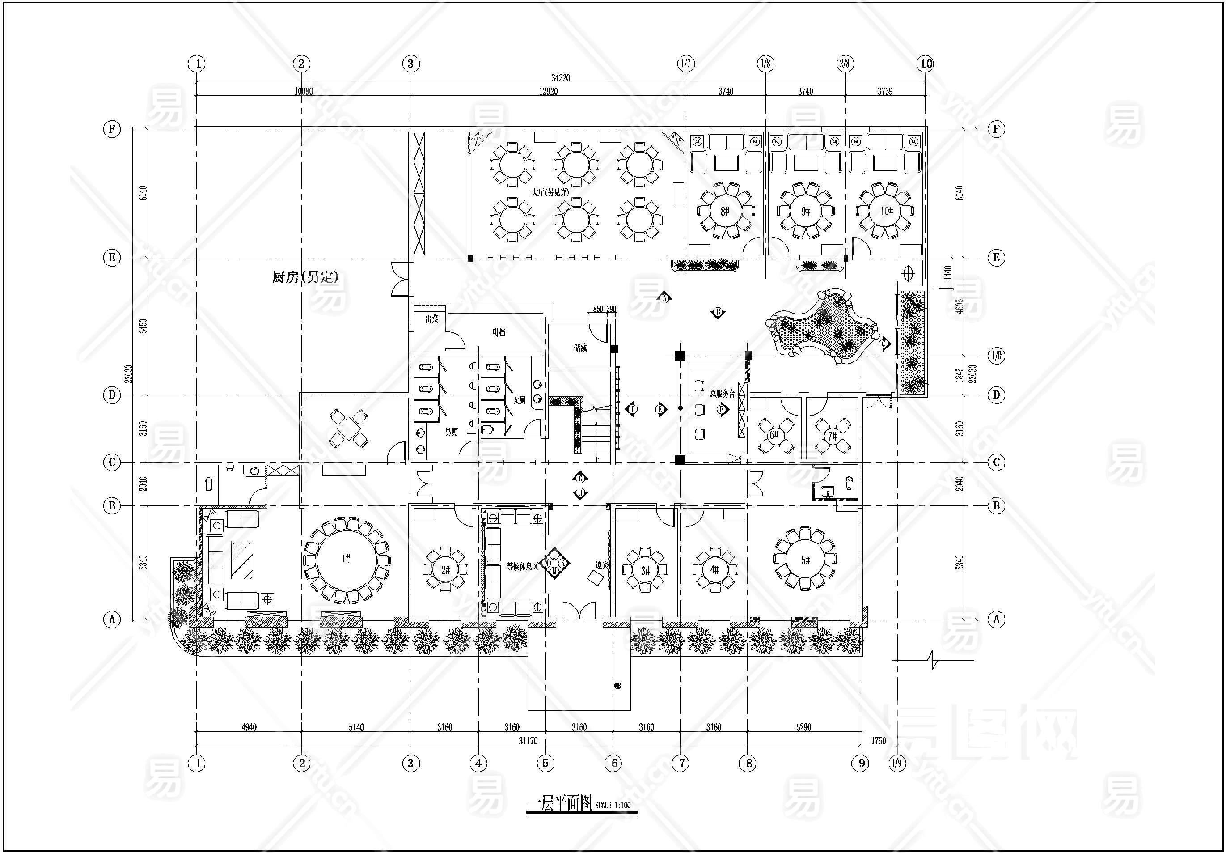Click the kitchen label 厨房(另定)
tap(305, 277)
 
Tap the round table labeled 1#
tap(346, 559)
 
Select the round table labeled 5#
tap(805, 560)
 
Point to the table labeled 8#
tap(725, 211)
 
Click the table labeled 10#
tap(886, 211)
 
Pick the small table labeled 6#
tap(773, 435)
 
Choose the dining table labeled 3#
tap(645, 570)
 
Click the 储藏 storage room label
tap(580, 348)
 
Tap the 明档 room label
tap(498, 333)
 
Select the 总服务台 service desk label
tap(722, 394)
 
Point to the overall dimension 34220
tap(561, 78)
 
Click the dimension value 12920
tap(548, 91)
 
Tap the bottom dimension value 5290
tap(803, 727)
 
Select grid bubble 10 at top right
tap(926, 64)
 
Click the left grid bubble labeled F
tap(112, 129)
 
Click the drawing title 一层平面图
tap(560, 804)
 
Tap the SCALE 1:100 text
tap(613, 806)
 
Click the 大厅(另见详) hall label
tap(550, 192)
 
